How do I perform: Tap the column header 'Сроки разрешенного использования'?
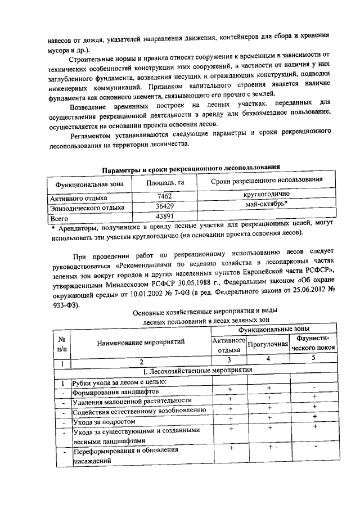coord(267,179)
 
